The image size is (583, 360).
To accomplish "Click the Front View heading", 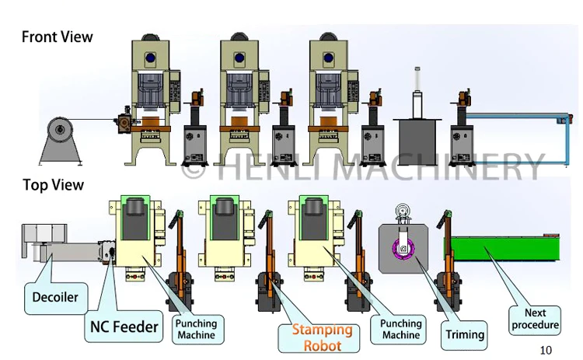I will click(57, 37).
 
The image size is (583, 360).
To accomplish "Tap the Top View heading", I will click(53, 185).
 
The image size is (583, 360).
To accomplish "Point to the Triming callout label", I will click(465, 334).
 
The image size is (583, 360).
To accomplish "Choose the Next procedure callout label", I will click(535, 319).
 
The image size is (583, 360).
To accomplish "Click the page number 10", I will click(546, 350).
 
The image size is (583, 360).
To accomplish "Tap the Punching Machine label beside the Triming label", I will click(401, 329).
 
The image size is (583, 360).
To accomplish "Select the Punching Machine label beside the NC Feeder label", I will click(196, 329).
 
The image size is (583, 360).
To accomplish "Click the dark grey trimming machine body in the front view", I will click(417, 141).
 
